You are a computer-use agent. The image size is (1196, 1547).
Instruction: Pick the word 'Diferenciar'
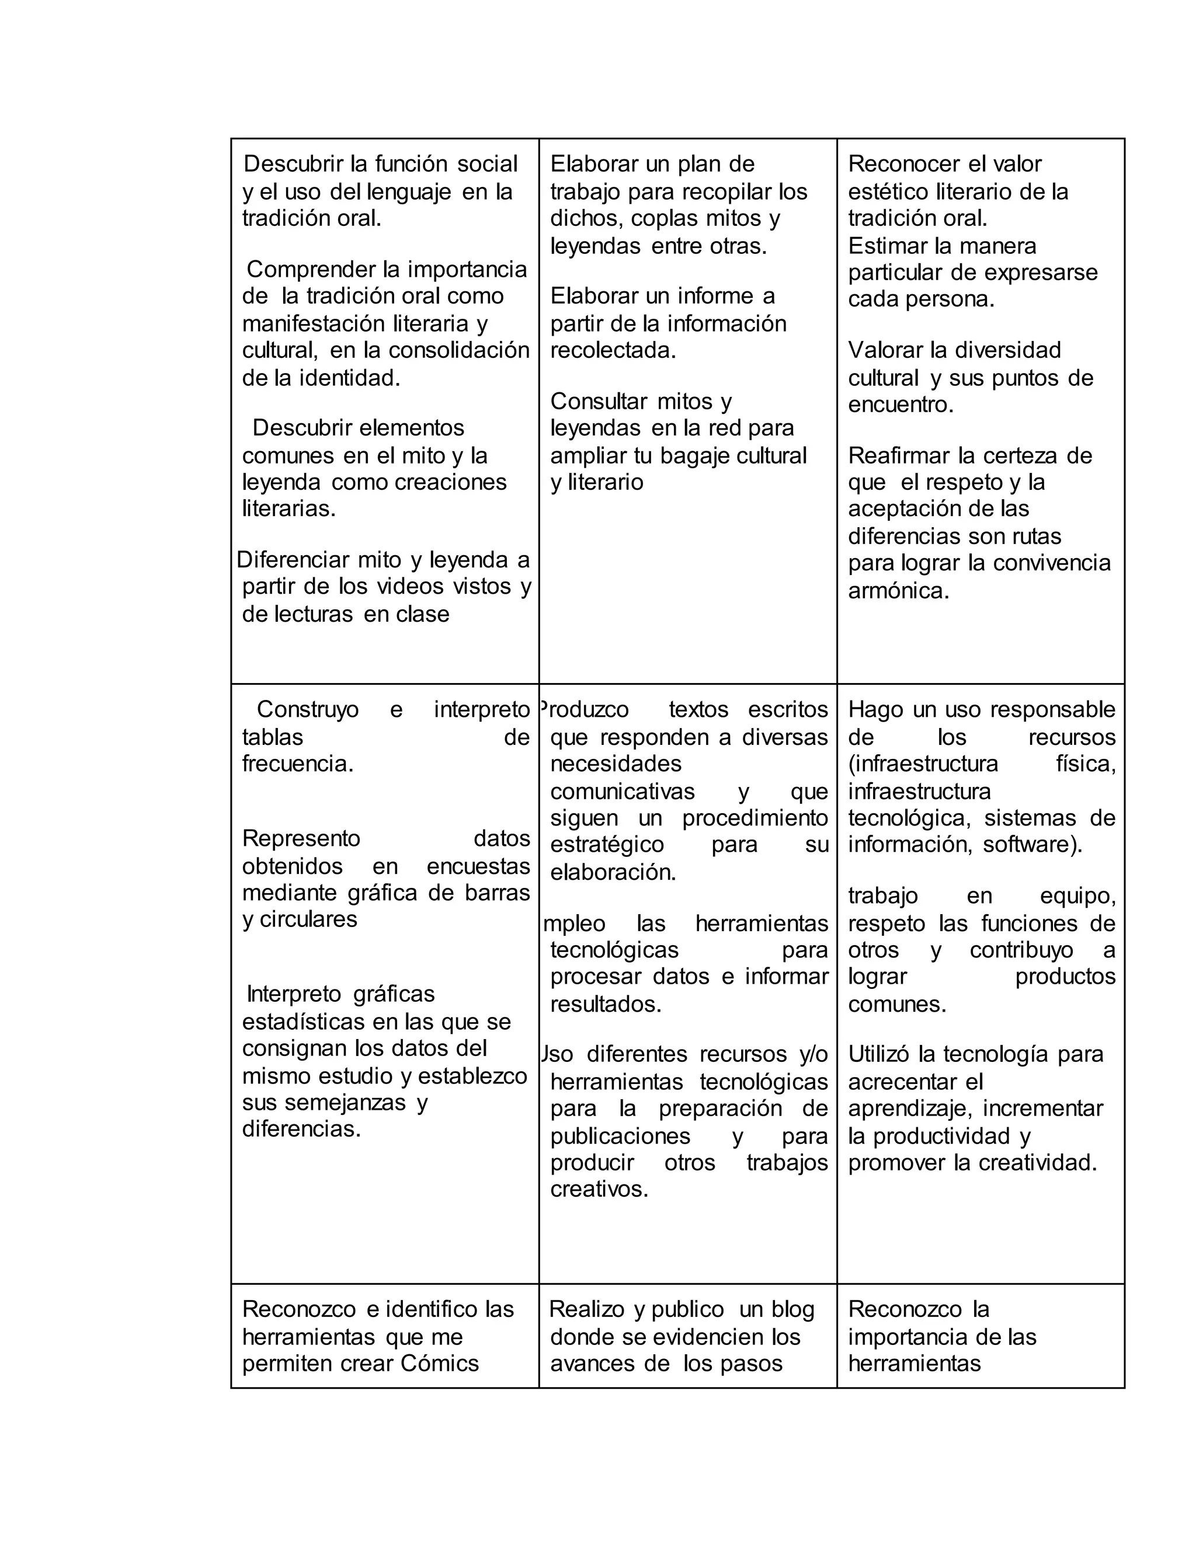click(x=293, y=560)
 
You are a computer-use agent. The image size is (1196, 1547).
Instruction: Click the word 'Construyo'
click(x=308, y=709)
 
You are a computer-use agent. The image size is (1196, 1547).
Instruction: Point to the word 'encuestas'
click(x=478, y=866)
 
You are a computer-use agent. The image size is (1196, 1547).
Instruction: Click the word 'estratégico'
click(x=607, y=844)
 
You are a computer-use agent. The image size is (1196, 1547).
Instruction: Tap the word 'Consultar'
click(x=599, y=401)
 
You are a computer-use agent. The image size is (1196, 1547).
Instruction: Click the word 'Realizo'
click(x=586, y=1309)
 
